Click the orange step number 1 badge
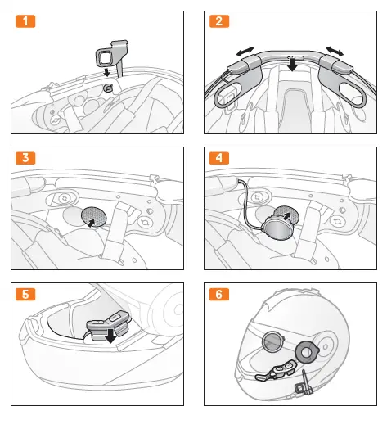[27, 21]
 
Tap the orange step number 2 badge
[218, 21]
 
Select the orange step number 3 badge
[27, 158]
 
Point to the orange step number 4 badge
[218, 158]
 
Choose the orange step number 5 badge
[27, 293]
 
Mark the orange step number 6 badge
[218, 293]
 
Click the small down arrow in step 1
[105, 72]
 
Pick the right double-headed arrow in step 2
[335, 52]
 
